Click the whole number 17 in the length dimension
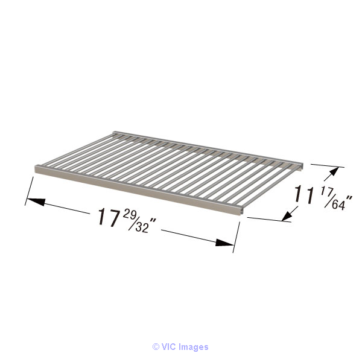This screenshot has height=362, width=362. click(108, 217)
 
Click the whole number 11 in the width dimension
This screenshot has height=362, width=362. click(304, 195)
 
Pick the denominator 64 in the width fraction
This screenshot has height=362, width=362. click(338, 205)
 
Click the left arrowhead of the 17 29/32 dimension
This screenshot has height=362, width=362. click(36, 202)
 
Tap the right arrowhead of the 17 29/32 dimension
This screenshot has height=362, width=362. click(224, 243)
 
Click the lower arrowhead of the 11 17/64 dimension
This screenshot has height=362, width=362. click(287, 215)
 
